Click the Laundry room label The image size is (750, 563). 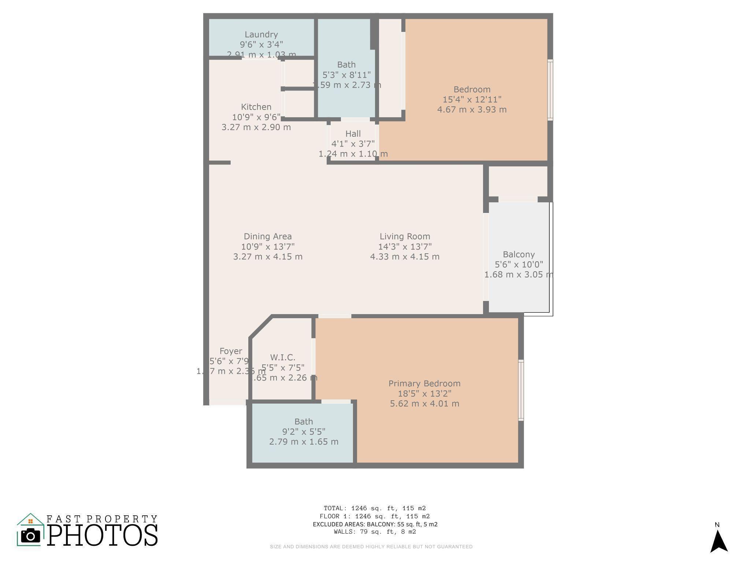261,34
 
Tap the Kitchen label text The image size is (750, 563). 256,107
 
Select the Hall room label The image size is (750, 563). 353,134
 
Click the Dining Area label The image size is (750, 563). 268,236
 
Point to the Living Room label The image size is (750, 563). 405,236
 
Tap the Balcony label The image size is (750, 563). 519,254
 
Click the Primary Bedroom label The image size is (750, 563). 424,383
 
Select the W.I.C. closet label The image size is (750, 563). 282,357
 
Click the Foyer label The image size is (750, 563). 231,351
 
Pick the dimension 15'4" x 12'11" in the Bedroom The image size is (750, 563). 472,99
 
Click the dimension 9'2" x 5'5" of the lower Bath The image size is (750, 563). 304,432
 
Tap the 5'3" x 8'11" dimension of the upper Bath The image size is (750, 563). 346,75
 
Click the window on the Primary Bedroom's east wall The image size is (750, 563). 521,390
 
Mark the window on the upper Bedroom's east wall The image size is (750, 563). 550,90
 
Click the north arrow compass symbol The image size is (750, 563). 719,541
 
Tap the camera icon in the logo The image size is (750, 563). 30,536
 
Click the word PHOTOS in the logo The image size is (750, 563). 102,535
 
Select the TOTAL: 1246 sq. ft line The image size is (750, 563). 375,508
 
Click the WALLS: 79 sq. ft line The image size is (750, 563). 375,532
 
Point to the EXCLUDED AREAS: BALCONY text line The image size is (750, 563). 375,524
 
